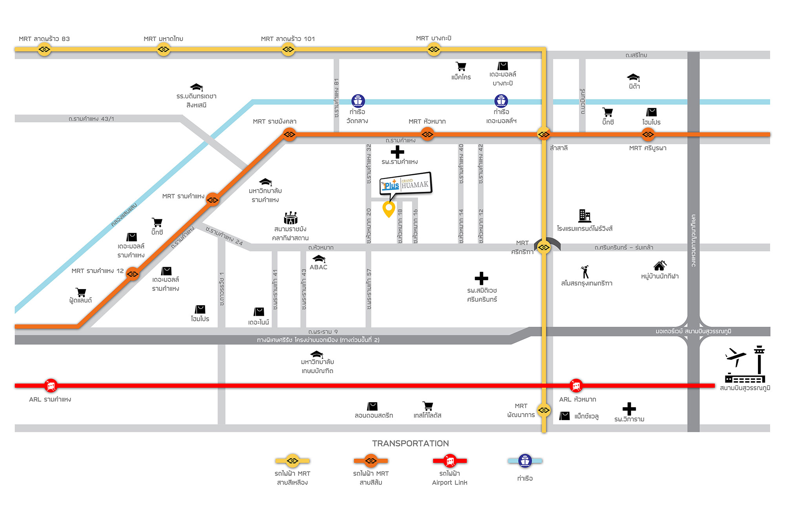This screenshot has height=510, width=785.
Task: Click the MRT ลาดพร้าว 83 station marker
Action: coord(44,49)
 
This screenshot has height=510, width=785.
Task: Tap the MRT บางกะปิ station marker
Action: coord(434,49)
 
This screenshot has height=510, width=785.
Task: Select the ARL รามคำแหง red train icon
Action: coord(51,386)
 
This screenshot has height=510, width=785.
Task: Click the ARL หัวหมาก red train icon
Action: coord(576,386)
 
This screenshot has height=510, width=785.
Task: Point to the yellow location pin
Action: coord(389,209)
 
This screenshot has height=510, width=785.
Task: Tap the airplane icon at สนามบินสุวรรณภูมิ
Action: coord(736,357)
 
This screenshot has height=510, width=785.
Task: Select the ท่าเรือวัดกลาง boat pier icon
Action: coord(358,101)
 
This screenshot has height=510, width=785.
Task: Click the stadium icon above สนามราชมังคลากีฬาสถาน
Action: coord(291,218)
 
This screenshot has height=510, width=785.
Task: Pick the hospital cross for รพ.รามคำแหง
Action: coord(397,152)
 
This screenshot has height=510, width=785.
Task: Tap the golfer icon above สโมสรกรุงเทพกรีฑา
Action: coord(585,272)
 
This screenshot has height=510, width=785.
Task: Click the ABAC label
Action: coord(318,267)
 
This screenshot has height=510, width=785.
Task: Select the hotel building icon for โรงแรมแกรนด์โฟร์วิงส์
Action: coord(585,216)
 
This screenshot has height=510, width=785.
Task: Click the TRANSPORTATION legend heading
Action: coord(411,443)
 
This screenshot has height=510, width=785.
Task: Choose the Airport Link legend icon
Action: coord(450,461)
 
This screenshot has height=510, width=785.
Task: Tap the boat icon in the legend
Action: coord(525,461)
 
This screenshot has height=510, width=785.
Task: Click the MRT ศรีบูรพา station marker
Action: coord(648,135)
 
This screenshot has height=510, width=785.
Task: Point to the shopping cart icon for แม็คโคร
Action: coord(461,66)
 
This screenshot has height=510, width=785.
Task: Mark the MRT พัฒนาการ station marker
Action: coord(544,410)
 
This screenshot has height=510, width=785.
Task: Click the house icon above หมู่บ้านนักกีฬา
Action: coord(660,266)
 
